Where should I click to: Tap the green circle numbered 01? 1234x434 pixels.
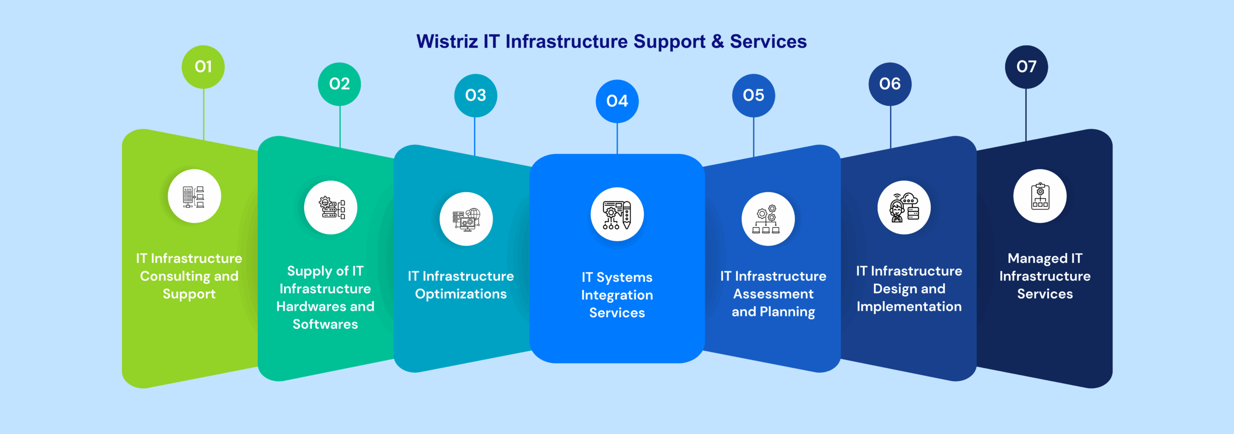[203, 67]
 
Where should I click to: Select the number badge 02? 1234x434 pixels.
[339, 84]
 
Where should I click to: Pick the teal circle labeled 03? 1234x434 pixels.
[475, 95]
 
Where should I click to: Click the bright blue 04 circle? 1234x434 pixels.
[617, 101]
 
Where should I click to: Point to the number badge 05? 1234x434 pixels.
[753, 95]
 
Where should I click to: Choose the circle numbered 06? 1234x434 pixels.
[890, 84]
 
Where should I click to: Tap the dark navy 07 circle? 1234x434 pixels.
[1026, 67]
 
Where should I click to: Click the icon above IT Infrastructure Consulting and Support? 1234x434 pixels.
[194, 196]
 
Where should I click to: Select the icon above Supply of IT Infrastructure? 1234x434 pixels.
[331, 208]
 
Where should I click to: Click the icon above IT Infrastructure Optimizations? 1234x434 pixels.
[466, 219]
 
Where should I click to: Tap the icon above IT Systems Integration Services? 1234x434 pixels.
[617, 215]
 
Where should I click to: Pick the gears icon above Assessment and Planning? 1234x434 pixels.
[768, 219]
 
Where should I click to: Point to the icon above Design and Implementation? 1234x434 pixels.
[904, 208]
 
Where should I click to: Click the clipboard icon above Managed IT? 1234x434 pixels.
[1040, 196]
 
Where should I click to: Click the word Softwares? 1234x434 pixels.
[325, 324]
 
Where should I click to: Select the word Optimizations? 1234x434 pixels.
[461, 294]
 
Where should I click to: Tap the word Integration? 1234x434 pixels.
[617, 295]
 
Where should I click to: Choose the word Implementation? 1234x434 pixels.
[909, 307]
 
